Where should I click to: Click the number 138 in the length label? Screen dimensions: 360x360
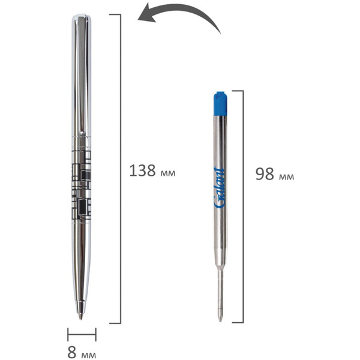point(142,170)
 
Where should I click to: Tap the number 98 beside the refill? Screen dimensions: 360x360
point(265,174)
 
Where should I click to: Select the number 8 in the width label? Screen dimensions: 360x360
point(72,352)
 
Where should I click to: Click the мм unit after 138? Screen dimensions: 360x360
point(168,173)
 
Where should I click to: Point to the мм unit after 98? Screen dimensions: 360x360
point(287,176)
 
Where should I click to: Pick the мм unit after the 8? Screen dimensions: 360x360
point(89,355)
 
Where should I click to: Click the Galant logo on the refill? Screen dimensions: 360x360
point(219,188)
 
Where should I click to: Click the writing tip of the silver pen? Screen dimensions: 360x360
point(80,317)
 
